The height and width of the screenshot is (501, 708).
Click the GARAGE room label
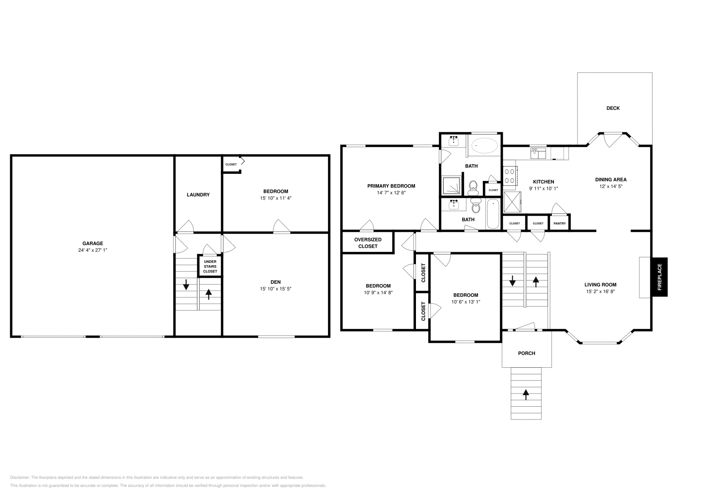click(92, 243)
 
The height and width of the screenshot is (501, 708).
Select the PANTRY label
click(559, 224)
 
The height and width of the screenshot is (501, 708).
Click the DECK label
click(613, 108)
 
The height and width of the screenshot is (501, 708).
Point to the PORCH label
click(527, 353)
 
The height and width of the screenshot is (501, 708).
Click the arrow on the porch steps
click(526, 393)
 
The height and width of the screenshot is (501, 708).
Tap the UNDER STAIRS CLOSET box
click(210, 266)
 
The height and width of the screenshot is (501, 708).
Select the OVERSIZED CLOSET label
click(368, 243)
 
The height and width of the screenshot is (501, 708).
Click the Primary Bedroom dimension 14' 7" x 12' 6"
click(391, 193)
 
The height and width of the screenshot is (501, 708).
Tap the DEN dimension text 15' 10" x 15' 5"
click(276, 289)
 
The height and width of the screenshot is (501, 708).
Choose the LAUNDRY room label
click(198, 195)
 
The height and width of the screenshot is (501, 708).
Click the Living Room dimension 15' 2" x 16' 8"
click(600, 292)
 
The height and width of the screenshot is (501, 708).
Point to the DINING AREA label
click(611, 180)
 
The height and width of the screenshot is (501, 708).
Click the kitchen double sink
click(539, 153)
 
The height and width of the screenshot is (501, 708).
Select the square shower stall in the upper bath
click(452, 185)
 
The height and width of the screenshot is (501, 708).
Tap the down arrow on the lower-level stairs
click(186, 285)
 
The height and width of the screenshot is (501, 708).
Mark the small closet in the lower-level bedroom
click(231, 164)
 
